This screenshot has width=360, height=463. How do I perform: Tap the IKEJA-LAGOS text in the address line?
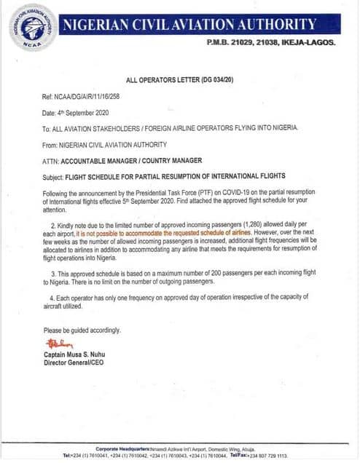point(307,43)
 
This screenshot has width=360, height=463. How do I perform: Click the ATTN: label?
point(51,159)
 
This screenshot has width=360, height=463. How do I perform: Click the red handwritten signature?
point(59,343)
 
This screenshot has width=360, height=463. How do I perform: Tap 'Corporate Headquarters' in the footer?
point(122,448)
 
